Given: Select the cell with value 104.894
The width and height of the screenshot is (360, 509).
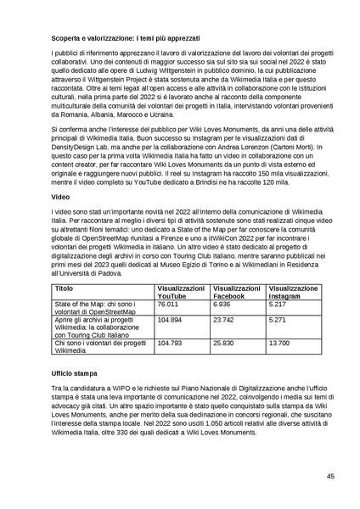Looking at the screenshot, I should point(171,321).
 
